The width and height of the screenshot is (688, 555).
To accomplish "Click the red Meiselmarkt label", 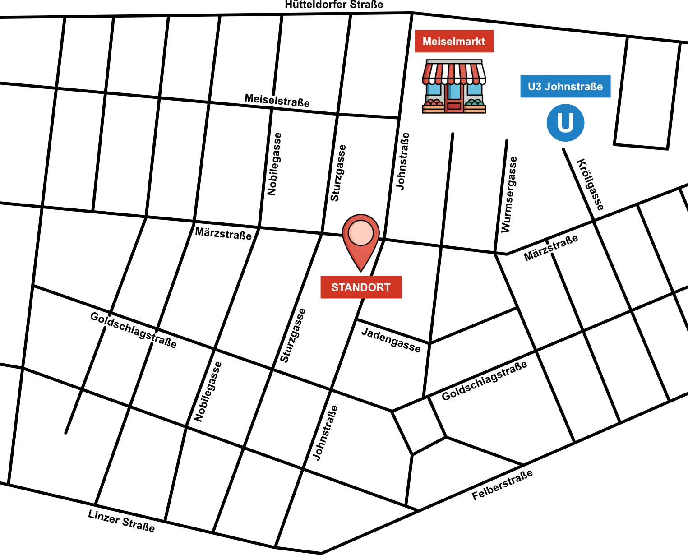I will click(x=453, y=42).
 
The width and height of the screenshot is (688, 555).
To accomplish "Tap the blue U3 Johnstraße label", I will click(x=566, y=86).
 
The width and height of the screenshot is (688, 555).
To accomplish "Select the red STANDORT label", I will click(x=361, y=287).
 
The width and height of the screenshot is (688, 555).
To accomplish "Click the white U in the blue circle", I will click(x=565, y=123).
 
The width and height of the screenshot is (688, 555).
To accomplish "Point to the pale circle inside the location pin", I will click(x=361, y=233).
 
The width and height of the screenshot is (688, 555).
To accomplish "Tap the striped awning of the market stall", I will click(x=454, y=73).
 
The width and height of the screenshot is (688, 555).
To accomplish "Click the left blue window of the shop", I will click(x=434, y=90).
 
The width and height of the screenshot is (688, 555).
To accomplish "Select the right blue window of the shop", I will click(x=474, y=90).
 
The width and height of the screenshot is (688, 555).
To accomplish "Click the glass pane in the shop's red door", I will click(x=454, y=92).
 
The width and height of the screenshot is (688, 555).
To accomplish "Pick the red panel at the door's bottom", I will click(x=454, y=106).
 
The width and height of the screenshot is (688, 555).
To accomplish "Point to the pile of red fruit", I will click(x=434, y=103).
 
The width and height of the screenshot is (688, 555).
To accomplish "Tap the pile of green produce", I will click(x=475, y=103).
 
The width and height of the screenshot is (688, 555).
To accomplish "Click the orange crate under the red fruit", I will click(x=434, y=109).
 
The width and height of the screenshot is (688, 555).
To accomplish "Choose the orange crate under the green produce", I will click(x=475, y=109).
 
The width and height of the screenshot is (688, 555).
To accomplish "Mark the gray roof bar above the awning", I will click(x=454, y=61).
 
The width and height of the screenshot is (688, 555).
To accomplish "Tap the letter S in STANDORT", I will click(x=335, y=287).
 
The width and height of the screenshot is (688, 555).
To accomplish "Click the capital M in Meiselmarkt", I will click(x=427, y=42).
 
